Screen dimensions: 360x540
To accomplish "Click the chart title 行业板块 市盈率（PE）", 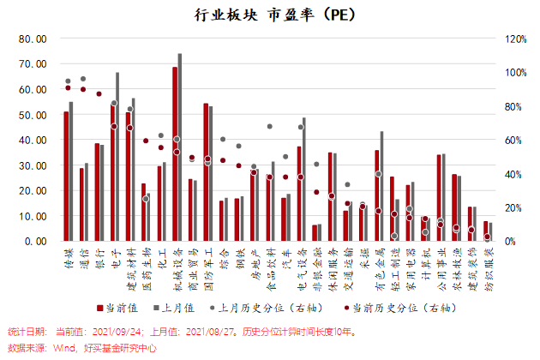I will coord(270,15).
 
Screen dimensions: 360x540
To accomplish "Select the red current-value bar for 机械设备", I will coord(175,154).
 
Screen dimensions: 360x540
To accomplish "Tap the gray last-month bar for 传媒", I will coord(71,171).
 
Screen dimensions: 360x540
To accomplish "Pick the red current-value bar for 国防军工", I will coord(206,172).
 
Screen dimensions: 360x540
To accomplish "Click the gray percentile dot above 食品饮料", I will coord(269,126).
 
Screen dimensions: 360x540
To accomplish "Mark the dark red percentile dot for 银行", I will coord(99,93).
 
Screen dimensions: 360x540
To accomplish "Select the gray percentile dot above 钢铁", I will coord(238,146).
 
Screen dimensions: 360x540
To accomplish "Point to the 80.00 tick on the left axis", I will coord(33,39).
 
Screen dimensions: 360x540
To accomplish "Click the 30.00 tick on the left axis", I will coord(33,165).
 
